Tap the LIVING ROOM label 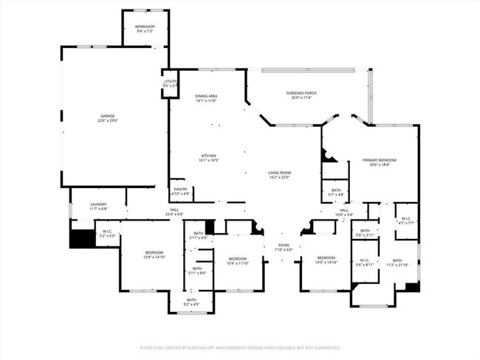[x=279, y=175]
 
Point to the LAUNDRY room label [x=98, y=207]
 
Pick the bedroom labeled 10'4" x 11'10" [x=237, y=260]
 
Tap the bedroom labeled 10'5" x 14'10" [x=326, y=260]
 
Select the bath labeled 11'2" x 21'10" [x=397, y=262]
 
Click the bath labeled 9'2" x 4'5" [x=191, y=302]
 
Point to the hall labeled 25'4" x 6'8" [x=174, y=212]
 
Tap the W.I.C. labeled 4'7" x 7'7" [x=406, y=220]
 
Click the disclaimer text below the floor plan [x=240, y=347]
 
